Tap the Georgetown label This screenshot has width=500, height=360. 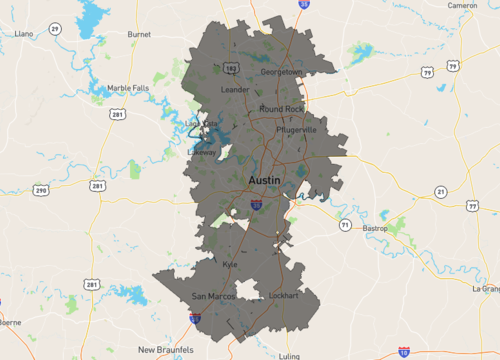[x=281, y=72]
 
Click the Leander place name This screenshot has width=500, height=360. [x=233, y=89]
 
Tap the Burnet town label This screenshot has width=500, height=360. [x=139, y=33]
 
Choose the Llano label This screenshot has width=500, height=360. [x=24, y=33]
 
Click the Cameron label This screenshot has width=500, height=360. [x=462, y=5]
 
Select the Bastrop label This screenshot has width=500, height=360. [x=374, y=228]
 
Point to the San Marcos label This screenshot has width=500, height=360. [x=212, y=297]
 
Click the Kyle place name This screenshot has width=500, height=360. [x=232, y=264]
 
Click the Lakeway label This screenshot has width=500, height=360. [x=200, y=152]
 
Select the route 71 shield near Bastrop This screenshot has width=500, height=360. [x=344, y=226]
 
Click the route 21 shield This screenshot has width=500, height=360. [x=440, y=191]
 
